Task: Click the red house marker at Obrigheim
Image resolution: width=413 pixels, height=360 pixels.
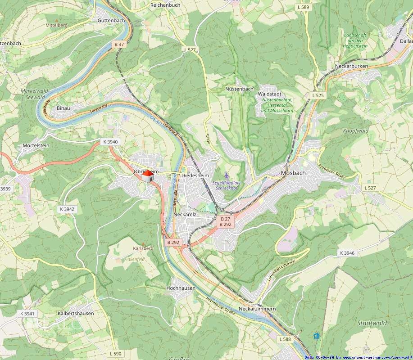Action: pyautogui.click(x=147, y=176)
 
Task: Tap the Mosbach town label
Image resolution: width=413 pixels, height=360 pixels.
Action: pyautogui.click(x=293, y=173)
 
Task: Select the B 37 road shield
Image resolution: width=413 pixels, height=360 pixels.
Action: pyautogui.click(x=119, y=44)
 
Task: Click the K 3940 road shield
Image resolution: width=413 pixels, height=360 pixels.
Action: pyautogui.click(x=110, y=142)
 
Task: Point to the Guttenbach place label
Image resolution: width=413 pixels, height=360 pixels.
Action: pyautogui.click(x=110, y=21)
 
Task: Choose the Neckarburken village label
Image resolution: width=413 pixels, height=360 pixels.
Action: pyautogui.click(x=351, y=66)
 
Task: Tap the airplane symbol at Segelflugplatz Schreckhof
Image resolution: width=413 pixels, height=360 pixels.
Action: pyautogui.click(x=226, y=175)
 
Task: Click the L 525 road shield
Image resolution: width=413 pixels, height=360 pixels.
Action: pyautogui.click(x=318, y=95)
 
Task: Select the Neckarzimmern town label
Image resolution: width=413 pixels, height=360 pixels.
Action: pyautogui.click(x=257, y=309)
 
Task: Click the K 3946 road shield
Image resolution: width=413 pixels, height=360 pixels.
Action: pyautogui.click(x=347, y=253)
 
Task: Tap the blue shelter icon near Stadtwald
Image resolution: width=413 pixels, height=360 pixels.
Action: pyautogui.click(x=316, y=336)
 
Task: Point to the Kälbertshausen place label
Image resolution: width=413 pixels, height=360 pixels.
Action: pyautogui.click(x=76, y=313)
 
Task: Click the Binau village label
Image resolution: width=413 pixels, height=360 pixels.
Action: pyautogui.click(x=64, y=108)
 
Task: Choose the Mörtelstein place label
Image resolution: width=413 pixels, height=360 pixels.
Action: pyautogui.click(x=36, y=146)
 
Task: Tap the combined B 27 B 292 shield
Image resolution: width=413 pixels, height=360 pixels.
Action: pyautogui.click(x=225, y=221)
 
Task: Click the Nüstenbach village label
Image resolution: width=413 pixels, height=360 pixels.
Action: pyautogui.click(x=239, y=89)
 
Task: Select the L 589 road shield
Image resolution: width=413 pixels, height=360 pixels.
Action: pyautogui.click(x=304, y=7)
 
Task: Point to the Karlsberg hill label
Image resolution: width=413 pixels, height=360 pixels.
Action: pyautogui.click(x=143, y=248)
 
